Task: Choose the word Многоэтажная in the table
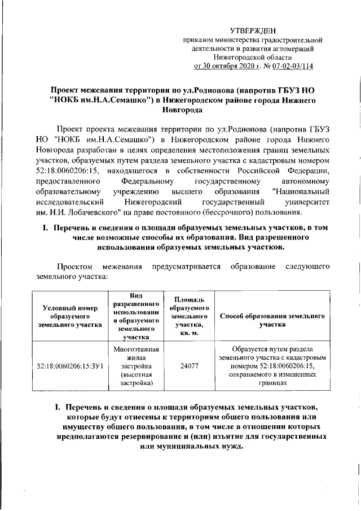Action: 136,348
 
